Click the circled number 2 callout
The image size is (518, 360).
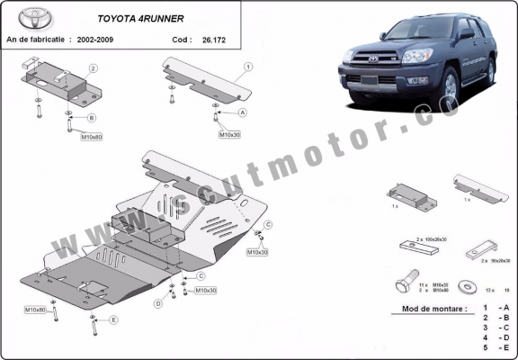pos(93,68)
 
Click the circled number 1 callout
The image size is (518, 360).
pos(247,67)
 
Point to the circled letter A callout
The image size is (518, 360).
pos(242,112)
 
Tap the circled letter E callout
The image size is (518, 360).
pos(114,319)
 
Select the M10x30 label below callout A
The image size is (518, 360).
pos(229,134)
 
